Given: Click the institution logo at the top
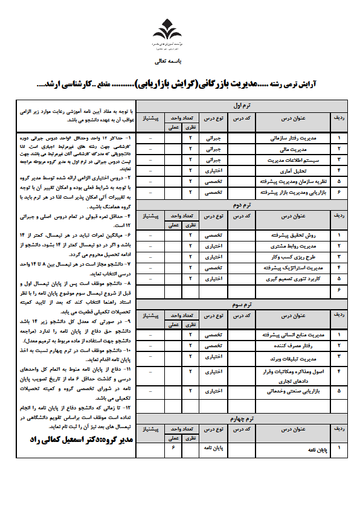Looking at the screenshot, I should tap(165, 33).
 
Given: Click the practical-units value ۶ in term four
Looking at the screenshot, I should tap(173, 449).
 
